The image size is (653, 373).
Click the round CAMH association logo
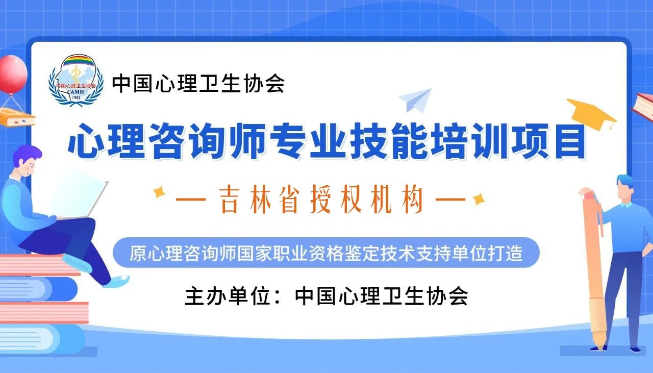(x=76, y=80)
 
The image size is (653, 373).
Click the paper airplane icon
(x=415, y=100)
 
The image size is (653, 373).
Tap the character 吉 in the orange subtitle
(x=230, y=200)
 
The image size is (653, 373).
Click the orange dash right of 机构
(x=450, y=200)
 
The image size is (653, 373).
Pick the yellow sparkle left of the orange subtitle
(x=159, y=192)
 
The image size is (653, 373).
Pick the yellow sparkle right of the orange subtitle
(x=479, y=199)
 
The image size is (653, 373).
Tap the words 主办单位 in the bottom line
(x=228, y=296)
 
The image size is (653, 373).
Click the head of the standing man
(x=626, y=189)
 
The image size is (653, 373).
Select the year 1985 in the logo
(x=76, y=97)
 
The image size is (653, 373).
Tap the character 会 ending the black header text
(x=275, y=84)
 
